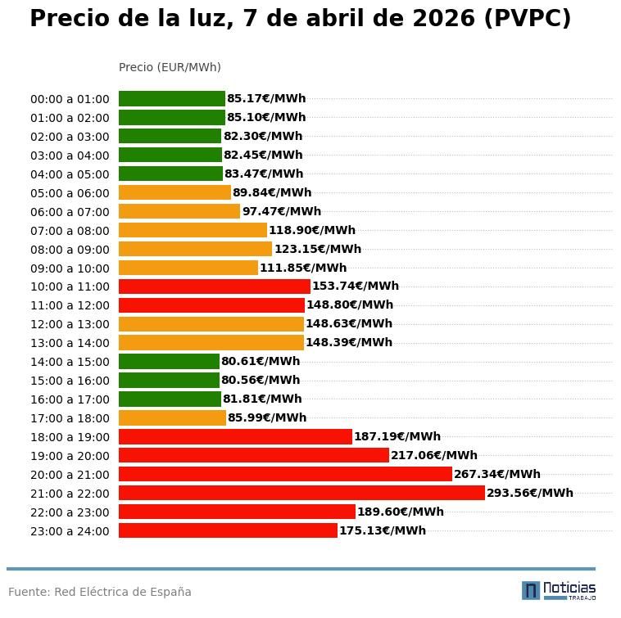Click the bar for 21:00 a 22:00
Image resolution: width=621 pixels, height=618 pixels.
(x=301, y=493)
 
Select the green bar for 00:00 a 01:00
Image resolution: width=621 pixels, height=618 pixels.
(x=171, y=99)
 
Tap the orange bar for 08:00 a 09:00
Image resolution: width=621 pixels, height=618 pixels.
(x=195, y=249)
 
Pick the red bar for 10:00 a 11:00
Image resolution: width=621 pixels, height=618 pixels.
(x=214, y=286)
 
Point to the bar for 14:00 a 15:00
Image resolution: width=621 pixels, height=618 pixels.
(x=169, y=362)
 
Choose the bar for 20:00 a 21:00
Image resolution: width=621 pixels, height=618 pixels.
(x=285, y=474)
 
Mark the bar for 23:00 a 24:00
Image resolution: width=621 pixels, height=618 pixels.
(x=228, y=530)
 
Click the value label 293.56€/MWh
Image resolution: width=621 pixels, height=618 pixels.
(x=529, y=493)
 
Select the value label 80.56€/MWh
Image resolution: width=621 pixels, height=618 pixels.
(x=261, y=381)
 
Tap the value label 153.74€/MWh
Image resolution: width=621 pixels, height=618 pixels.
(x=355, y=286)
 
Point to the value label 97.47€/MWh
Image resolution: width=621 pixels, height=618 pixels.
(x=281, y=211)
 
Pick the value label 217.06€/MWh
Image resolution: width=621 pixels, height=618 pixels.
(x=433, y=455)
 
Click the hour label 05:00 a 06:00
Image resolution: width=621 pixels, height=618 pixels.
(x=70, y=193)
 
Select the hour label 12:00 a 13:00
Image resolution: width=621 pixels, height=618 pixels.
(x=70, y=324)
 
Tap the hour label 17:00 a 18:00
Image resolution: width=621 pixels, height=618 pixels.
(x=70, y=418)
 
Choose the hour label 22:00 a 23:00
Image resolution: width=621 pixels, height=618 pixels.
(x=70, y=512)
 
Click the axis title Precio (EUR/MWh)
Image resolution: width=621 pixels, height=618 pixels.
(x=170, y=67)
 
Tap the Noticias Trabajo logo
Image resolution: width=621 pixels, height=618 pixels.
(x=559, y=590)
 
